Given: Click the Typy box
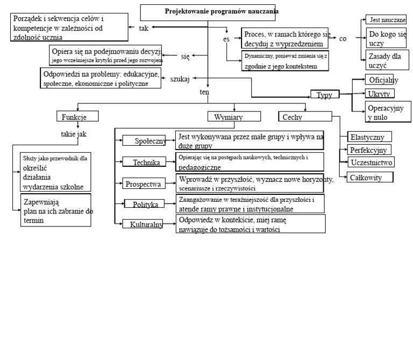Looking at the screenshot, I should point(324,95).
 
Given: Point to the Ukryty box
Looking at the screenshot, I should point(379,94).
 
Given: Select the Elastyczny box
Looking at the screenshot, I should point(370,137).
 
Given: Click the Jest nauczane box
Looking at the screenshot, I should point(385,20).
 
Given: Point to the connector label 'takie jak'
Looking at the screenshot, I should point(74,134).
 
